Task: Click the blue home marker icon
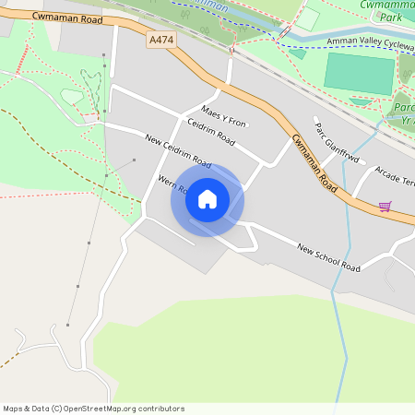[207, 198]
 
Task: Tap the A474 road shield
[160, 41]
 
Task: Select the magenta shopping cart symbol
[385, 206]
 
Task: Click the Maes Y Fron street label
[224, 117]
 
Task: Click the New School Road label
[328, 256]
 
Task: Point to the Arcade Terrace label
[393, 178]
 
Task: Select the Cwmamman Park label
[385, 11]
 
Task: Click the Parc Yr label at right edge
[402, 111]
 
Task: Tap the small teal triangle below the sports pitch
[362, 101]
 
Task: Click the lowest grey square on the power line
[67, 325]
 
